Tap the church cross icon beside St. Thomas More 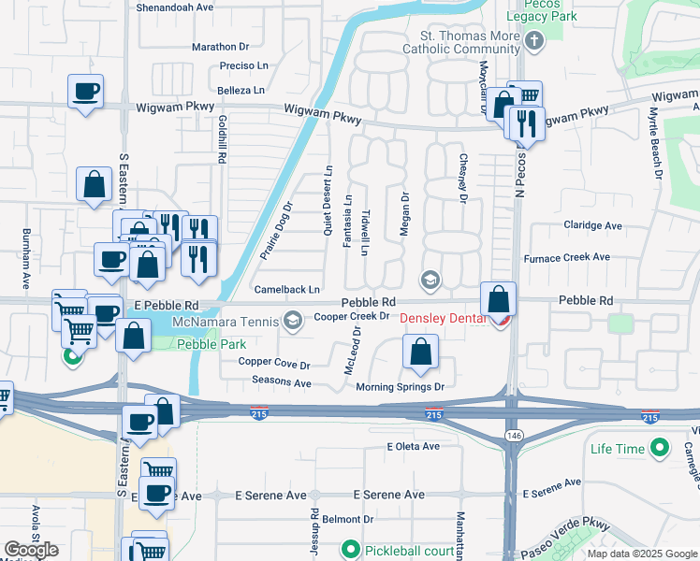(533, 41)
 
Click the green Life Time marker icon (659, 449)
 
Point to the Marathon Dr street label (220, 46)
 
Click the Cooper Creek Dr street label (351, 316)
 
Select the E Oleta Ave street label (413, 447)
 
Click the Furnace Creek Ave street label (566, 257)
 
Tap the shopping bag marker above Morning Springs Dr (421, 352)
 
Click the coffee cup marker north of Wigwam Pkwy (85, 93)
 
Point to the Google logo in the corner (30, 550)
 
